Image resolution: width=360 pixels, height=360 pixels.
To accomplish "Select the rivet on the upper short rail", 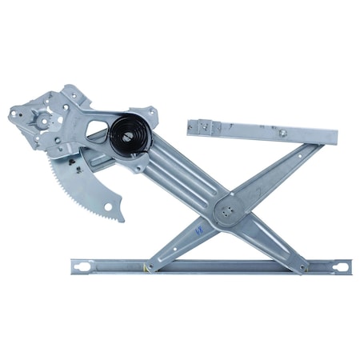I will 282,133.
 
